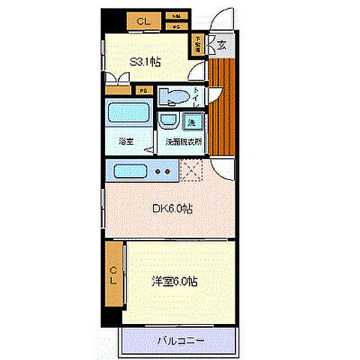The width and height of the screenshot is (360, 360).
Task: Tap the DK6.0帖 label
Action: click(172, 208)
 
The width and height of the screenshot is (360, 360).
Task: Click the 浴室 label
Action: click(126, 140)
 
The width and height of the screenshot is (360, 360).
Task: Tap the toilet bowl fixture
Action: click(175, 97)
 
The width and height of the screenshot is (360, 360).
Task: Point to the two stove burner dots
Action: click(163, 172)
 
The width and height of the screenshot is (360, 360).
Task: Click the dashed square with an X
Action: click(191, 172)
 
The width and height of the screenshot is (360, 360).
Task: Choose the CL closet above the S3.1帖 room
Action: click(142, 22)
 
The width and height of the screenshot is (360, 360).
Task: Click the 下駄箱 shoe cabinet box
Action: click(199, 43)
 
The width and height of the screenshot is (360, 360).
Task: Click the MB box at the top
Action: click(177, 16)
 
